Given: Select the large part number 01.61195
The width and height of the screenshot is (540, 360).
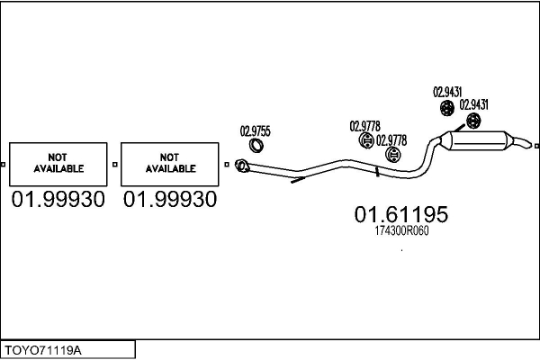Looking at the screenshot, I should click(x=400, y=215).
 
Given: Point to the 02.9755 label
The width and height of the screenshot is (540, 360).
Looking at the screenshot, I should click(x=255, y=130).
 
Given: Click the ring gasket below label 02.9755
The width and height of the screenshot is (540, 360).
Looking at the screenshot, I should click(x=257, y=146).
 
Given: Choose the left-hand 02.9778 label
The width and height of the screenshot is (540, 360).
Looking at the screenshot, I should click(x=364, y=126).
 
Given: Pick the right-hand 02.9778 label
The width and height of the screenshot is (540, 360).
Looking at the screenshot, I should click(x=391, y=139).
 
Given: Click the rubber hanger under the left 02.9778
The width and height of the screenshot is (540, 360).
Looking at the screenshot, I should click(x=365, y=142).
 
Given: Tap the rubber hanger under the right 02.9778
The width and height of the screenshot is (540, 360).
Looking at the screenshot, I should click(x=390, y=156).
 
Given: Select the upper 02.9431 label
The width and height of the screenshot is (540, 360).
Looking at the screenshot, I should click(x=447, y=91).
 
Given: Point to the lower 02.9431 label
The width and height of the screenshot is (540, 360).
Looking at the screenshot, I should click(x=473, y=103).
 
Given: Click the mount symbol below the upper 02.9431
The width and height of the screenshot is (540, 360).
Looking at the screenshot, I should click(x=446, y=109).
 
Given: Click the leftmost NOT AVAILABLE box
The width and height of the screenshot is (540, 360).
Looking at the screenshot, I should click(x=58, y=163).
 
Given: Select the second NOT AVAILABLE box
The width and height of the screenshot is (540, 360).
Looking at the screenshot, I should click(x=170, y=163).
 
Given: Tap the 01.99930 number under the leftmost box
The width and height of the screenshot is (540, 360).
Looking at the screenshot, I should click(x=58, y=199).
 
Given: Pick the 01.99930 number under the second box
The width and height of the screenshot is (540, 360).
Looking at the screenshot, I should click(x=170, y=199).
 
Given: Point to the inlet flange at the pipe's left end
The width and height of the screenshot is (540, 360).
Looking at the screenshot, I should click(x=241, y=165).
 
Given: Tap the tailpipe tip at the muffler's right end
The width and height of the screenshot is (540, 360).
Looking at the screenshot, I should click(x=524, y=142).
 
